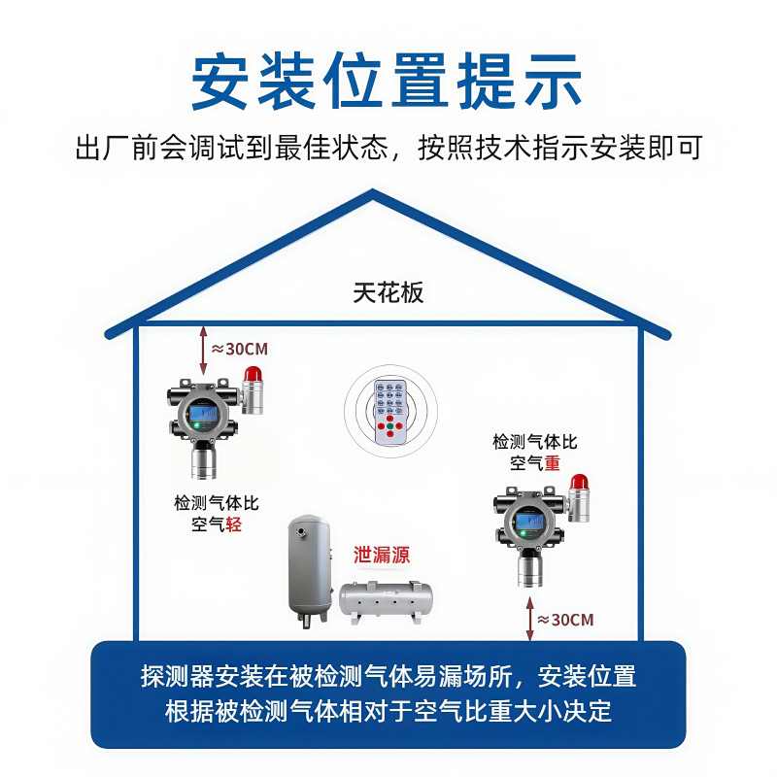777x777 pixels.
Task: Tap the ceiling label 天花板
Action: point(388,292)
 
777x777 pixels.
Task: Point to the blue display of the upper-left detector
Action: point(205,417)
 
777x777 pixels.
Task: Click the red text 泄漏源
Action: point(381,556)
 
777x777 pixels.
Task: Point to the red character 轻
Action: point(233,524)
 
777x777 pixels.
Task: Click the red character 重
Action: point(552,463)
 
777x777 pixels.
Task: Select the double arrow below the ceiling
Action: point(203,351)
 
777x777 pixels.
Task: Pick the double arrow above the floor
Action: point(529,619)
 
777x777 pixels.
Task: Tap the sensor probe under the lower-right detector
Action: point(529,568)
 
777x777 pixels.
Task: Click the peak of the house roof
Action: point(374,195)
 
